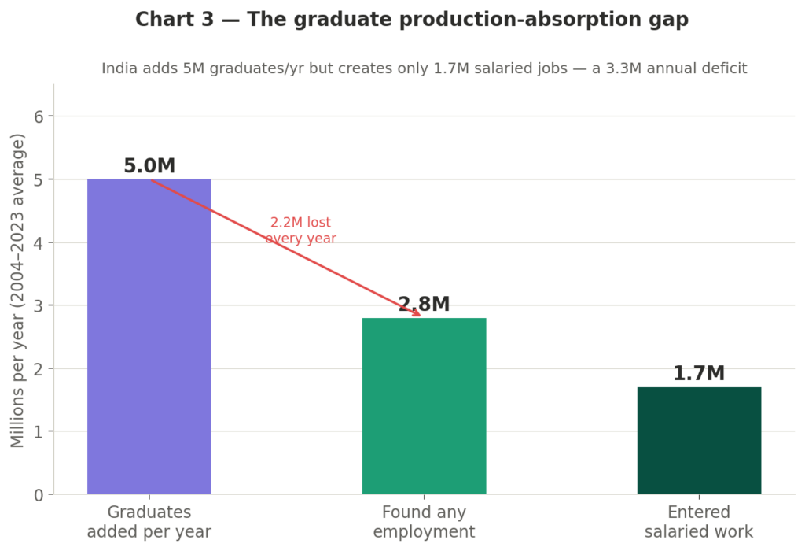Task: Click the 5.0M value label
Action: tap(149, 167)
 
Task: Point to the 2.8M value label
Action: tap(424, 305)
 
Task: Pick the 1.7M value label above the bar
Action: tap(699, 374)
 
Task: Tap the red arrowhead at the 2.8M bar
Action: tap(417, 314)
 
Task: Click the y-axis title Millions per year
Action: tap(18, 290)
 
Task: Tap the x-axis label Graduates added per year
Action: tap(149, 522)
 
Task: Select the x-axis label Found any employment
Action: tap(424, 522)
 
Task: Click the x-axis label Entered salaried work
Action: tap(699, 522)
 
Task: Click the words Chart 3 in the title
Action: tap(174, 20)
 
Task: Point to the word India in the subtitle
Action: tap(119, 68)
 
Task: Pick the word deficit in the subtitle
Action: tap(722, 68)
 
